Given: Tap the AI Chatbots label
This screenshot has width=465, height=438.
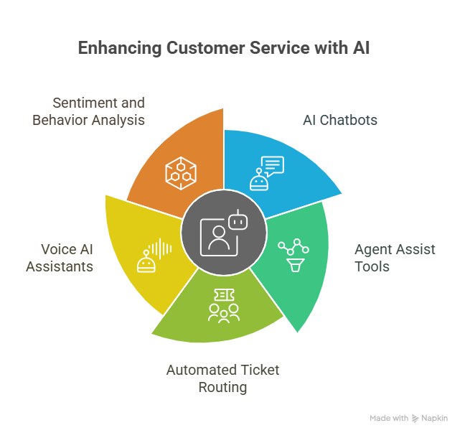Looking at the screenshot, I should click(339, 119).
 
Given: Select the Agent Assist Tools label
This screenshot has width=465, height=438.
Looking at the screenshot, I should click(395, 258).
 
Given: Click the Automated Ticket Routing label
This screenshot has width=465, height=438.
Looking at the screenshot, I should click(223, 378).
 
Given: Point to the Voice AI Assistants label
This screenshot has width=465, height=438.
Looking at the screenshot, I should click(60, 258).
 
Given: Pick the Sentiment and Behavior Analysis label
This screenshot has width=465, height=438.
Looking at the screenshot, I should click(89, 111).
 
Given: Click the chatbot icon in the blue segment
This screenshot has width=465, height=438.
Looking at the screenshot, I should click(266, 173).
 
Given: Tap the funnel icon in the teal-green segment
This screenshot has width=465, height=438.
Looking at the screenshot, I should click(293, 255).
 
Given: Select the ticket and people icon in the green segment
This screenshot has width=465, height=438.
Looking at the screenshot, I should click(223, 306).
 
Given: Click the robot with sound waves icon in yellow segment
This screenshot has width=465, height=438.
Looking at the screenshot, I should click(154, 257).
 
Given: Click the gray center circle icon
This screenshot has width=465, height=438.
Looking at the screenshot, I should click(223, 233).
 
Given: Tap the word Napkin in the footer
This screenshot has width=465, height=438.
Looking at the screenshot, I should click(436, 418).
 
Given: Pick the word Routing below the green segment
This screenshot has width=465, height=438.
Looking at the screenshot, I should click(223, 387).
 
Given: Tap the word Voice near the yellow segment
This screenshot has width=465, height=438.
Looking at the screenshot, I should click(59, 249).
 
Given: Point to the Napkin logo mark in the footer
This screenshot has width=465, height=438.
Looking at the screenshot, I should click(416, 418).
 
